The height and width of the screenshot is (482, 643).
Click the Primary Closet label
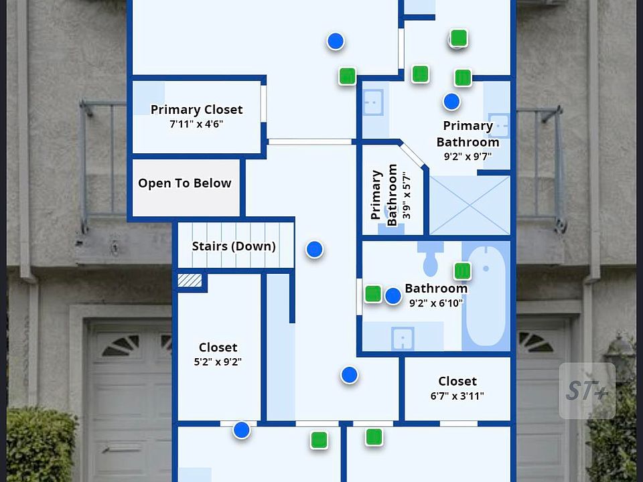[x=196, y=110]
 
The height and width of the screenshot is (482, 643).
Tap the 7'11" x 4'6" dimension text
[x=196, y=124]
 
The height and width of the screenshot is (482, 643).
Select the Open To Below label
[x=185, y=183]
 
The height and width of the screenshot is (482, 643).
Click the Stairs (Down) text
[x=234, y=246]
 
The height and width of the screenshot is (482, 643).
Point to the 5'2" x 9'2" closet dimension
[x=218, y=362]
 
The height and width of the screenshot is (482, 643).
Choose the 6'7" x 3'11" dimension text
[x=457, y=396]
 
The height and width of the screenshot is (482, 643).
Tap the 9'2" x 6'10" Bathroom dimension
[x=436, y=303]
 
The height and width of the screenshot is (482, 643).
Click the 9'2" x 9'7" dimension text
[x=468, y=156]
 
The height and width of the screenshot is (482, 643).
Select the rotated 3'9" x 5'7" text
[x=407, y=195]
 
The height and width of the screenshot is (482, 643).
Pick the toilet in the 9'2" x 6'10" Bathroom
[x=430, y=258]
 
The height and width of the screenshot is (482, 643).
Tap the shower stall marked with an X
[x=469, y=205]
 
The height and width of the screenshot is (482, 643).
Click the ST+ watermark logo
[x=587, y=391]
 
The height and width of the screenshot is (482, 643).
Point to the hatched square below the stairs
[x=190, y=280]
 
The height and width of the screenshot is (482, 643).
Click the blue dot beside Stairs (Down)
[x=314, y=250]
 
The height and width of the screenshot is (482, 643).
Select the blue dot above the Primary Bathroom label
[x=452, y=102]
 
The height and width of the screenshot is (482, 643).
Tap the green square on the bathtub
[x=462, y=271]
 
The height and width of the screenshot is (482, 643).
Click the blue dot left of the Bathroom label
[x=393, y=295]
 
